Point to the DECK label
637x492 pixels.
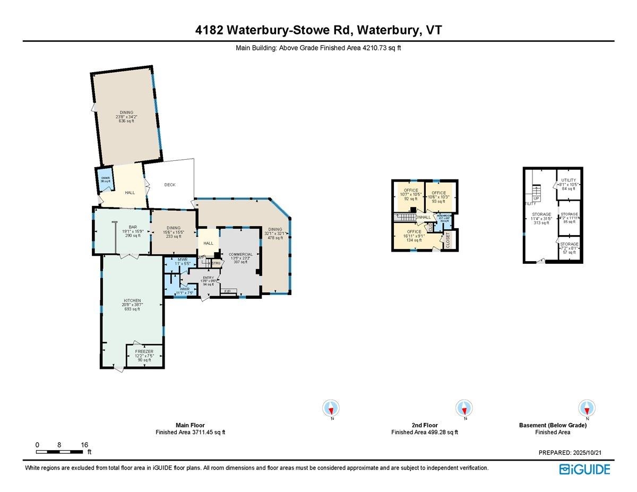169,185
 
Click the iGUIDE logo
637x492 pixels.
584,469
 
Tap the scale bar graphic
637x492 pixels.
59,452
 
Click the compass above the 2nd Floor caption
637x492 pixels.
464,408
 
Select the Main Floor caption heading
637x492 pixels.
190,425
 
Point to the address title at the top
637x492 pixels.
318,31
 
